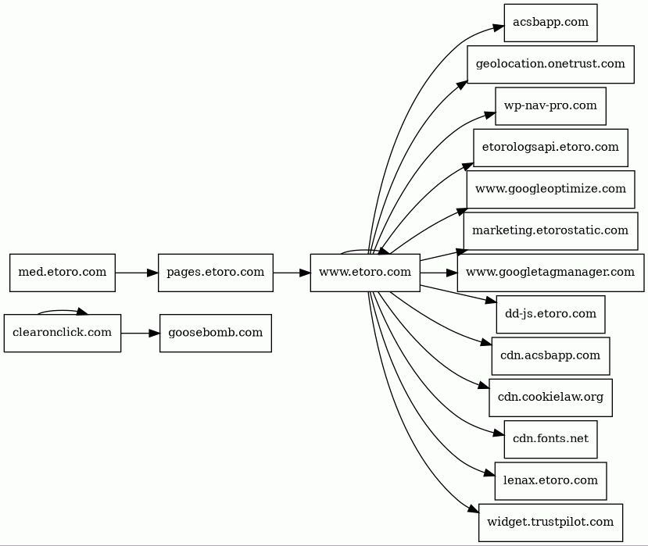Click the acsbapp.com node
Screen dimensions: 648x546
pos(550,23)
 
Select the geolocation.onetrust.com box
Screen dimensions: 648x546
pos(550,64)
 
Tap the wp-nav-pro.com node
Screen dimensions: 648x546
pos(550,106)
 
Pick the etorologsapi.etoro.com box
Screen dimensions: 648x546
pos(550,148)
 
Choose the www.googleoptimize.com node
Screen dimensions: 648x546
pos(550,190)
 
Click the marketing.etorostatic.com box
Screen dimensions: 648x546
pos(550,231)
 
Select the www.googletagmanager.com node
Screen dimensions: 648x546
pos(550,273)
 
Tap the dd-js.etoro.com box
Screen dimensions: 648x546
pos(550,314)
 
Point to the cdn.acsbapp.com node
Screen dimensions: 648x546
pos(550,356)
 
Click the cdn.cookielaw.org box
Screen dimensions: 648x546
pos(550,398)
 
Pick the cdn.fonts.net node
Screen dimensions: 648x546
pos(550,440)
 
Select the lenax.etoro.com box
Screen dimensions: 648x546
pos(550,481)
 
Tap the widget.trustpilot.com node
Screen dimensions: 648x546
pos(550,523)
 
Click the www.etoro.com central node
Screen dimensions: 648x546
pos(365,273)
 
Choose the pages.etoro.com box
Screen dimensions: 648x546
pos(216,273)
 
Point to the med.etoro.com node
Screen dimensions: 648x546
pos(63,273)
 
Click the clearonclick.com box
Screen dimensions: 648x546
pos(63,334)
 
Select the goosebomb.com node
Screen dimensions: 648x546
pos(216,334)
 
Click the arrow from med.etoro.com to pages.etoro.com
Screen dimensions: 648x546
pos(137,273)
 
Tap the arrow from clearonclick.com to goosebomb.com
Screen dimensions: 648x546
pos(141,334)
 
